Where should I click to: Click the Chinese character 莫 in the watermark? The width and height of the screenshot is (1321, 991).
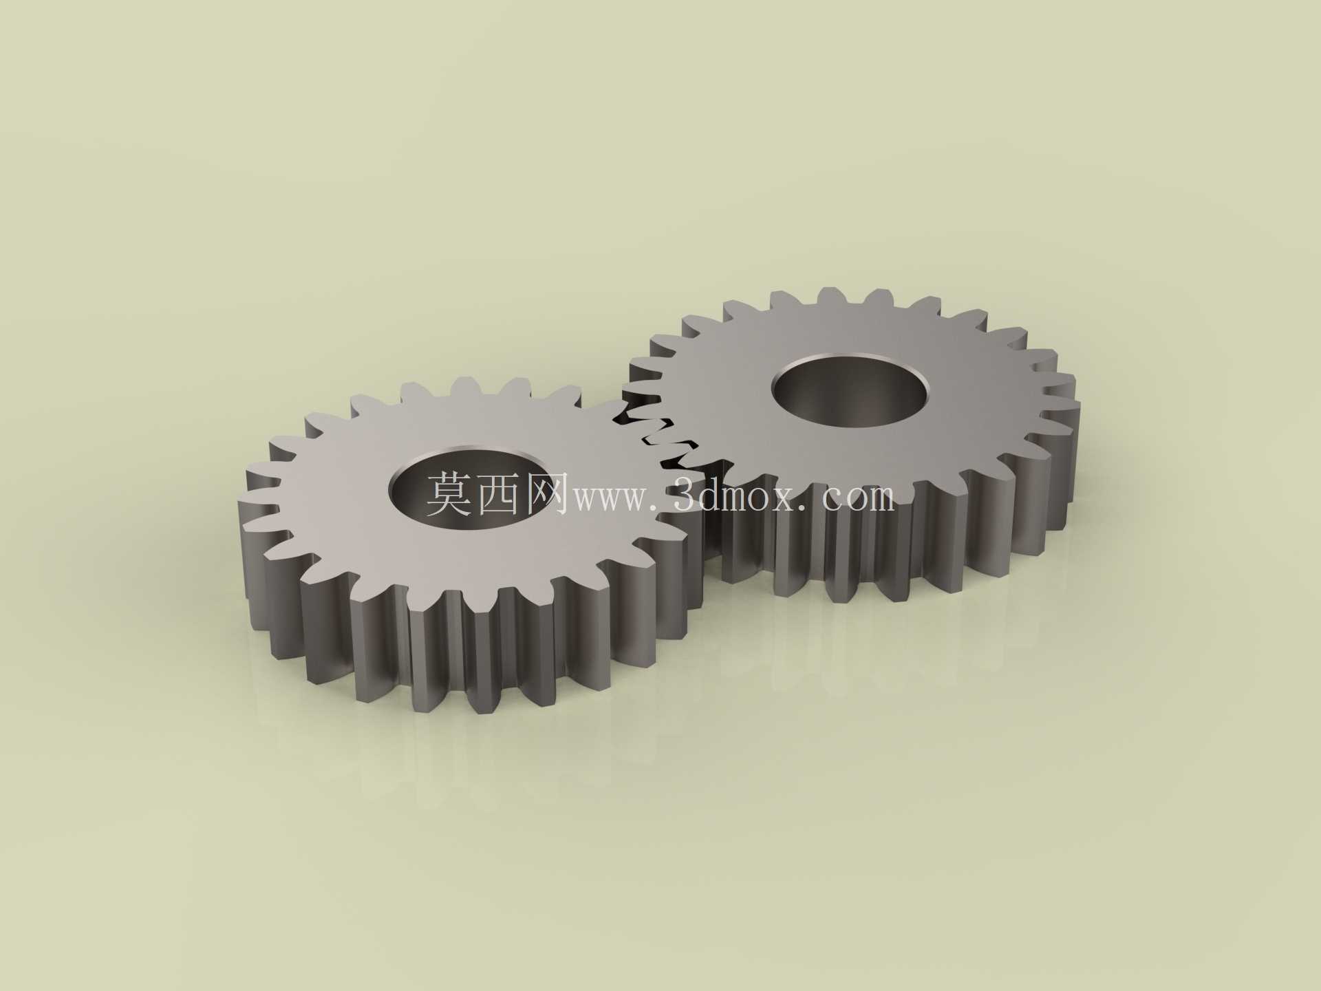(x=449, y=493)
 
